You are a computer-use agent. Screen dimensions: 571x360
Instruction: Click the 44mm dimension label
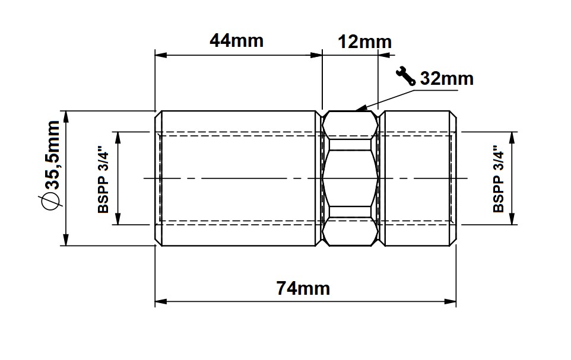tap(236, 41)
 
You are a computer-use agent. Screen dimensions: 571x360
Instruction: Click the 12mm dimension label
tap(365, 42)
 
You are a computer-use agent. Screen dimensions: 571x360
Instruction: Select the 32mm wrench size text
tap(447, 79)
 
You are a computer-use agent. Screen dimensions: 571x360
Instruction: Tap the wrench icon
tap(405, 76)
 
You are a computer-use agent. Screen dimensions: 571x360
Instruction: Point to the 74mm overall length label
tap(303, 289)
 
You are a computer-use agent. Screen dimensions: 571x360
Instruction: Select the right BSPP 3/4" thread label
tap(498, 179)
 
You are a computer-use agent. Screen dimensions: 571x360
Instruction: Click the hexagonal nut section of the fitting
tap(350, 179)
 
